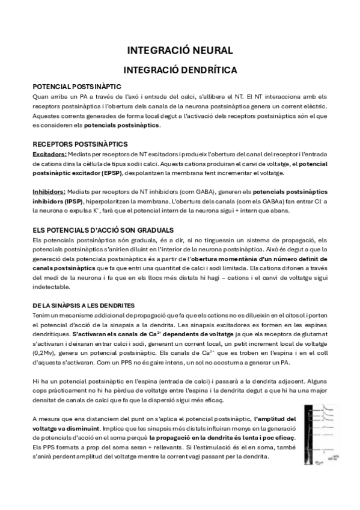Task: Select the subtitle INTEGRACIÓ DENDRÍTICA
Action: coord(180,70)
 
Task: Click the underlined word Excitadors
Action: coord(49,154)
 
